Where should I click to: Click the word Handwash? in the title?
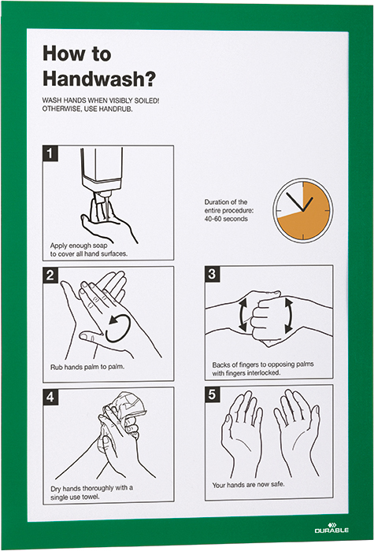(98, 79)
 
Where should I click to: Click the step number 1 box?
(50, 153)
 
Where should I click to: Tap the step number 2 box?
(50, 275)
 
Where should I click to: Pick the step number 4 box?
(50, 397)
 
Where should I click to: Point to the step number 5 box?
(213, 394)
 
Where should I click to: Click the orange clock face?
(302, 210)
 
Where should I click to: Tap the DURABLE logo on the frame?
(331, 528)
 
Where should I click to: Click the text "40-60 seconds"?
(226, 219)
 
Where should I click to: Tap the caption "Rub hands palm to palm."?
(87, 367)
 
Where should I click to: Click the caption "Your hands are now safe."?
(248, 485)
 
